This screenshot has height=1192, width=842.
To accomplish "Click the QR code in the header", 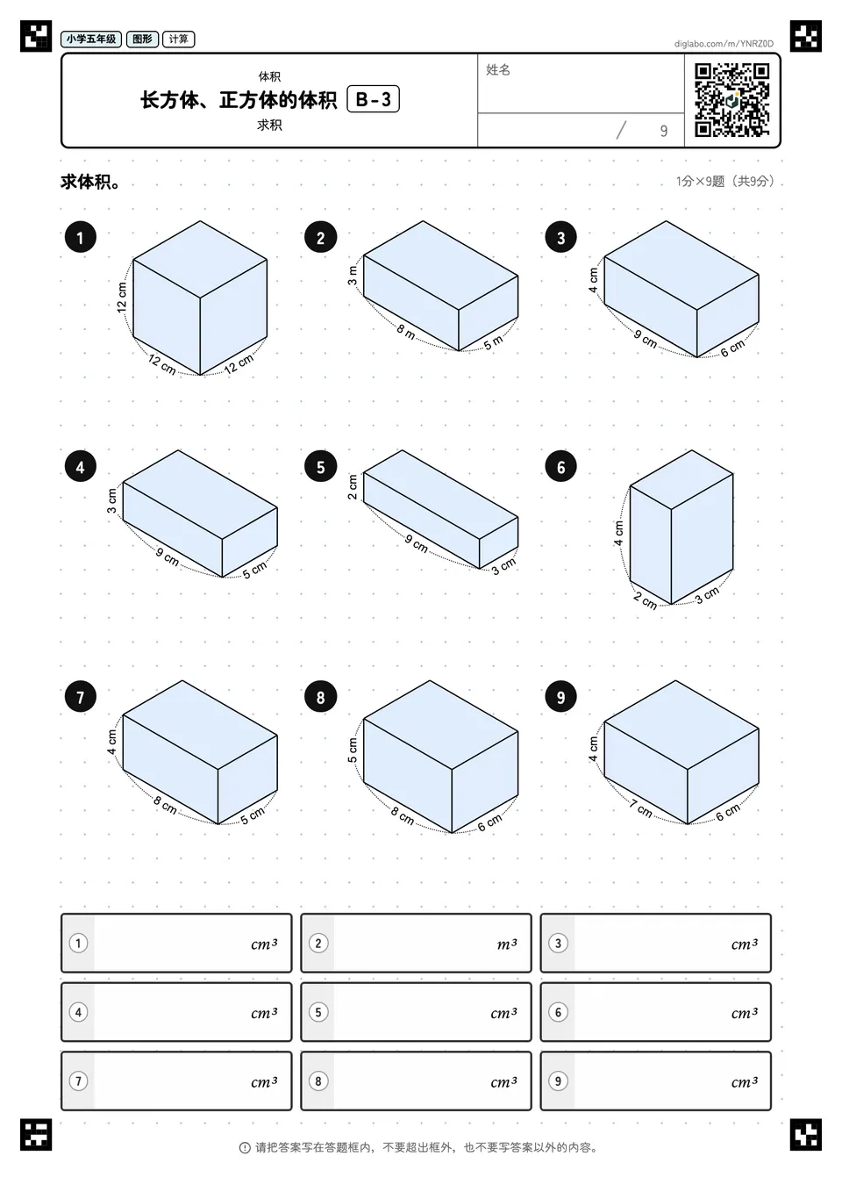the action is (732, 100).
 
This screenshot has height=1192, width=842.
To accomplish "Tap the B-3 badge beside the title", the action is (373, 99).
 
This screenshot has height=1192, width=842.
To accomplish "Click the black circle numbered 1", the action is (81, 237).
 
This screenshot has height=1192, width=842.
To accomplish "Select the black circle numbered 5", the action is (320, 467).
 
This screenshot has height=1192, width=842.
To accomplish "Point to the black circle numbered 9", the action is (560, 697).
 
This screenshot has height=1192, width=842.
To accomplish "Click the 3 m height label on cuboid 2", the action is (353, 275).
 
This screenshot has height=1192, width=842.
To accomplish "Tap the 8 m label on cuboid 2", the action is (405, 332).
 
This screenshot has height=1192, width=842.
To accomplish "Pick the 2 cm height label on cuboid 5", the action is (353, 487).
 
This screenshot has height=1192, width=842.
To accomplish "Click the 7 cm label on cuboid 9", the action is (640, 808).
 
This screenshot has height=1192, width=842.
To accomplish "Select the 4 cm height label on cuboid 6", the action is (618, 533).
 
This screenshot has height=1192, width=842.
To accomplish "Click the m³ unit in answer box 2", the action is (506, 944).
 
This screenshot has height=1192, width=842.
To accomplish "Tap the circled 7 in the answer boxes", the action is (78, 1081).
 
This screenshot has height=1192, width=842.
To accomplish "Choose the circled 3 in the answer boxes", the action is (558, 944).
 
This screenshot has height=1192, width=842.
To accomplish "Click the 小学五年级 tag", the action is (91, 39).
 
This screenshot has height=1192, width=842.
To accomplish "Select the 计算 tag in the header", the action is (179, 39).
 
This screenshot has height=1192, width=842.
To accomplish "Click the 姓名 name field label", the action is (498, 69).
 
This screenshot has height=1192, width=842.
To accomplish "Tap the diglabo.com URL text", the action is (724, 44).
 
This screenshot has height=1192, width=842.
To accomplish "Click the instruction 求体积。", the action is (91, 182).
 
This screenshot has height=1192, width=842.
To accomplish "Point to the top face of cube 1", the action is (200, 259).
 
